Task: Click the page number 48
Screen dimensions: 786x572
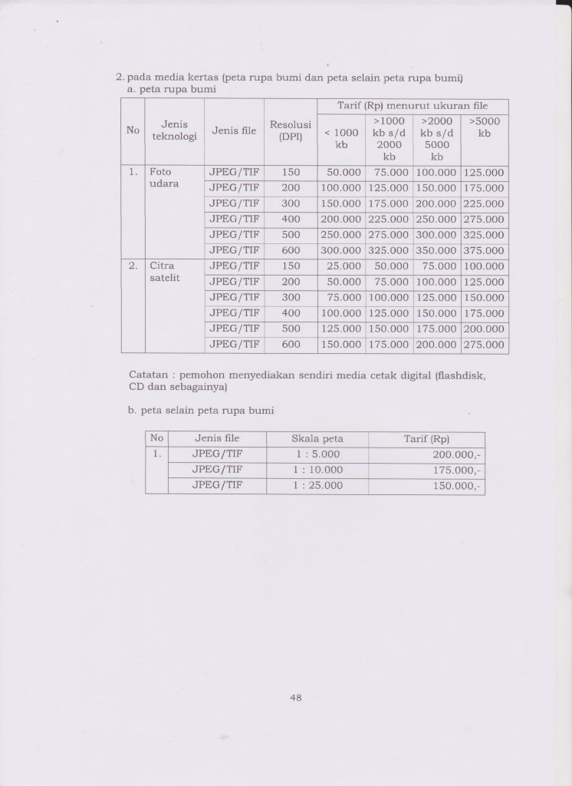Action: coord(295,698)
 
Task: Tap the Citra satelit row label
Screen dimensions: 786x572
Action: coord(164,272)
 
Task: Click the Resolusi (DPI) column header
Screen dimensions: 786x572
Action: coord(290,130)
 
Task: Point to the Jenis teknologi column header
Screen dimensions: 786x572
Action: coord(175,130)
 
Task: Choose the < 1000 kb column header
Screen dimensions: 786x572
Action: coord(341,137)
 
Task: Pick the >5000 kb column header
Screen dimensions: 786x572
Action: coord(484,127)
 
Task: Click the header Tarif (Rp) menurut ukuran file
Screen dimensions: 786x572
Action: coord(413,106)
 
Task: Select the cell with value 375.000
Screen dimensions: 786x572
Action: coord(484,251)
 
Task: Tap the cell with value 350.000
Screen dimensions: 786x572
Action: coord(436,251)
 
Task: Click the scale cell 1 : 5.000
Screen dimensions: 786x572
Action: coord(317,454)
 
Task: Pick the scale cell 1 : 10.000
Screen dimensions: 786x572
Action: coord(317,470)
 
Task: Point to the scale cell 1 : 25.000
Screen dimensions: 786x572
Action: coord(317,486)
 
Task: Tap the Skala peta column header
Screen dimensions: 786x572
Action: coord(317,439)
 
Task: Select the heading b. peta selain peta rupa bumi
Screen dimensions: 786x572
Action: coord(202,411)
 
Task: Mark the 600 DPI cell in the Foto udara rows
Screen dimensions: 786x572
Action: coord(290,251)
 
